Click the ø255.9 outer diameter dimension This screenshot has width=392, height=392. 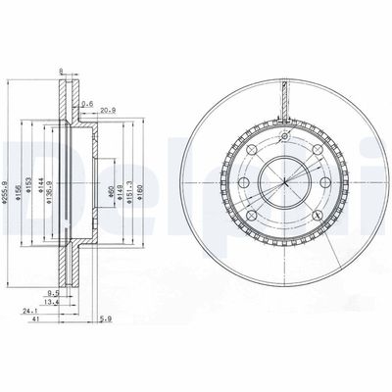tap(9, 180)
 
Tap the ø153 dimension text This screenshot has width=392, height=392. tap(32, 180)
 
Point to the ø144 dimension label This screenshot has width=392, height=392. tap(43, 180)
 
